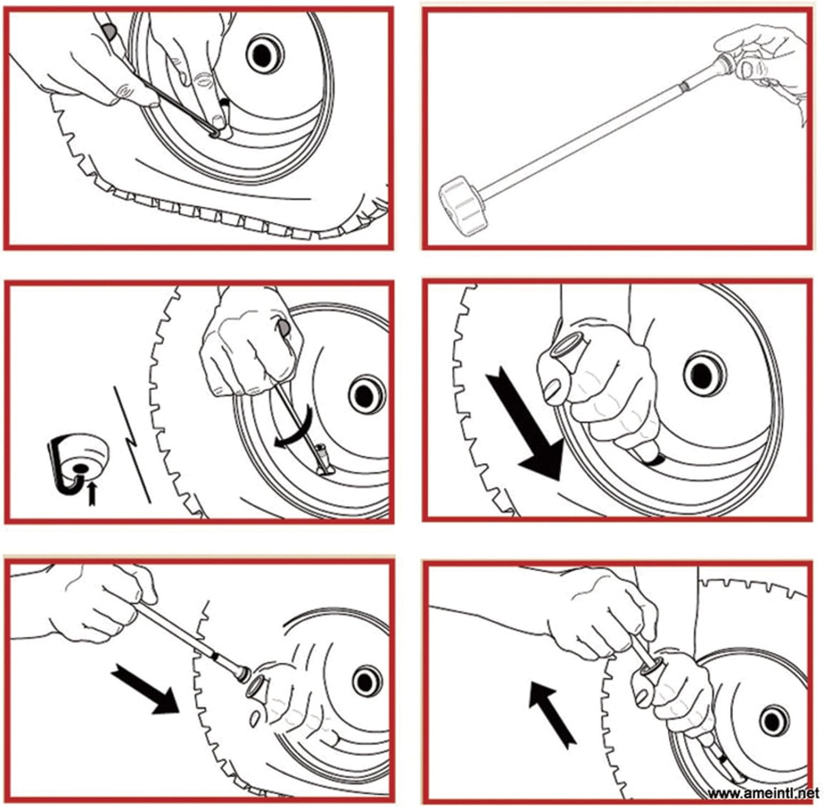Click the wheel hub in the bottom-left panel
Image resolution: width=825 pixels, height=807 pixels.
click(x=367, y=682)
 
